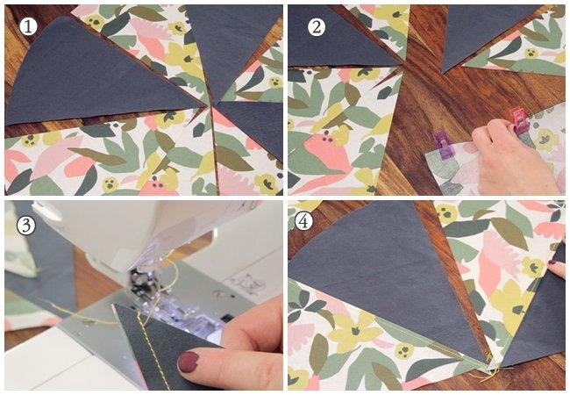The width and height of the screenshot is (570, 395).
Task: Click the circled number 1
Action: pos(28,26)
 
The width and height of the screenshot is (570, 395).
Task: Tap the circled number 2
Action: pos(317,26)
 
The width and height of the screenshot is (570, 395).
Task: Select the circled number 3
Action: pos(26,226)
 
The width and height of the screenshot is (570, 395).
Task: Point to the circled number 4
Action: pos(303,221)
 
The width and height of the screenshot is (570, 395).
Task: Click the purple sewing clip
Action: pos(442,145)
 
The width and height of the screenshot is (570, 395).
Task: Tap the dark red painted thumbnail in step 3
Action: pos(188,362)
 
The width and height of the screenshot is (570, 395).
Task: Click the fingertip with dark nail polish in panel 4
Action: pos(556,269)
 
